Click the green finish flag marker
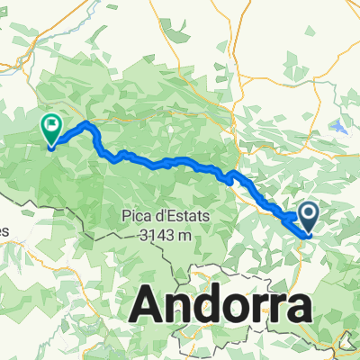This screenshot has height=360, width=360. [50, 128]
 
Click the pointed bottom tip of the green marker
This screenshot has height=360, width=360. [50, 147]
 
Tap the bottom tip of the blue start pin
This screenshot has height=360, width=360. [307, 236]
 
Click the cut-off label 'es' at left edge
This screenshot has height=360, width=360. [4, 231]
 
